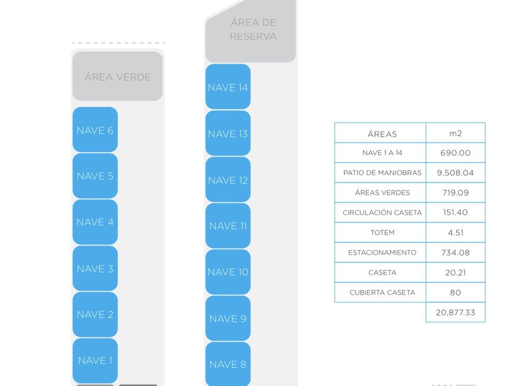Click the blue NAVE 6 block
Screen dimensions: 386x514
pos(95,130)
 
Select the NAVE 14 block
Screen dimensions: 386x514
pos(228,87)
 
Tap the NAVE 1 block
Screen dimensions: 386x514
pos(95,360)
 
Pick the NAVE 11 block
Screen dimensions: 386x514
pos(228,225)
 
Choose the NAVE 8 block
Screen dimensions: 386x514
pos(228,364)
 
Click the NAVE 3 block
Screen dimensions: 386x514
pos(95,268)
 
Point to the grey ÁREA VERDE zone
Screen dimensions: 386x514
pos(117,77)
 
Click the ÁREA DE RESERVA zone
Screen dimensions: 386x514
pos(253,29)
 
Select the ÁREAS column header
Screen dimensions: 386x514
pos(382,134)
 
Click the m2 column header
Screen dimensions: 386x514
pos(455,133)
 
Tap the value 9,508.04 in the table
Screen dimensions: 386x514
pos(455,173)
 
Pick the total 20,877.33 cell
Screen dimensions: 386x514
pos(455,312)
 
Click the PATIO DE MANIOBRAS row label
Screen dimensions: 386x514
pos(382,173)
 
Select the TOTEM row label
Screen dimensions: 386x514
pos(382,233)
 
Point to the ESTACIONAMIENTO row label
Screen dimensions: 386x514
pos(382,252)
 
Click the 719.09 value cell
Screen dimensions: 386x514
pos(455,192)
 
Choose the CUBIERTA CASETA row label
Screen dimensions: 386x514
pos(382,292)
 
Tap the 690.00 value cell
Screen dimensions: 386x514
pos(455,153)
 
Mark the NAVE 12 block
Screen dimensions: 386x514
pos(228,180)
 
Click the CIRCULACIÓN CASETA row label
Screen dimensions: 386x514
pos(382,213)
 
